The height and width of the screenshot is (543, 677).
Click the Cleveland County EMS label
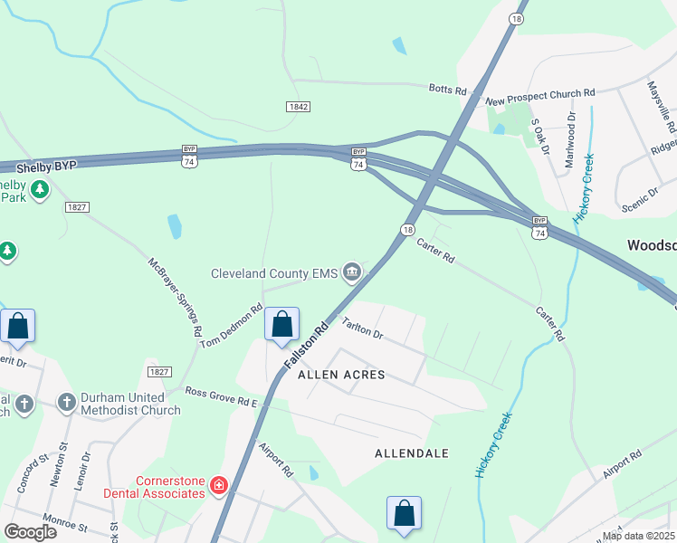point(273,273)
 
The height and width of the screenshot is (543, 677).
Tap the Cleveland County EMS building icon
point(352,271)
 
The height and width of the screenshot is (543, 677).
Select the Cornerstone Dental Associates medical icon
point(218,487)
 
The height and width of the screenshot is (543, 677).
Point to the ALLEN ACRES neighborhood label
point(341,375)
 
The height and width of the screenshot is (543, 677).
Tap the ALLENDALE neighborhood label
point(412,452)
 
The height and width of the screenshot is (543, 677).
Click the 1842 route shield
point(299,107)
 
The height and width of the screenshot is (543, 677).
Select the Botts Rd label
point(447,90)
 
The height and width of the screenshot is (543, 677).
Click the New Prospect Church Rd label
point(540,92)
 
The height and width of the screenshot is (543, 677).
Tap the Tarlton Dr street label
point(363,328)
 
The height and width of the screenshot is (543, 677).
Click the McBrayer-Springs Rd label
point(174,297)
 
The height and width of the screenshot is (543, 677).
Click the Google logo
point(31,532)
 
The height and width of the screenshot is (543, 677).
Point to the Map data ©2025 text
point(638,536)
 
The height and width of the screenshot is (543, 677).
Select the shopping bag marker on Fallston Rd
point(281,324)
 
